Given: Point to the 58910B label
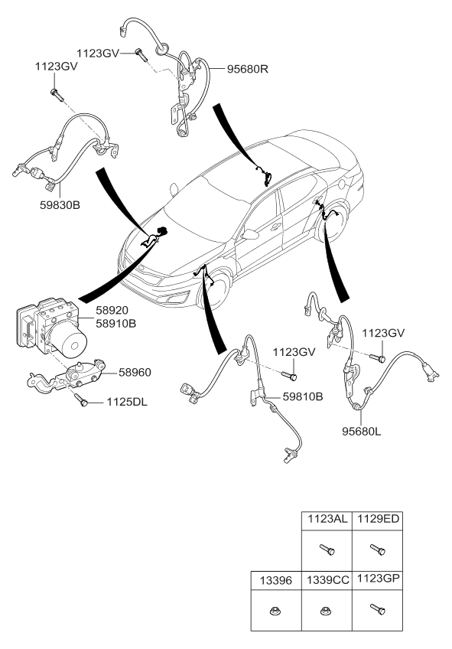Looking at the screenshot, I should pos(115,324).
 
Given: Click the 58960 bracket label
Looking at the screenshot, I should pos(135,373).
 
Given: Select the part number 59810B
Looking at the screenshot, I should pos(303,397).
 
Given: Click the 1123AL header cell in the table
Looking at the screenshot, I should pos(327,519).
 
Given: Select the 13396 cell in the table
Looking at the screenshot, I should pos(276,580).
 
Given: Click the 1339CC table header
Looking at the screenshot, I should pos(327,580).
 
